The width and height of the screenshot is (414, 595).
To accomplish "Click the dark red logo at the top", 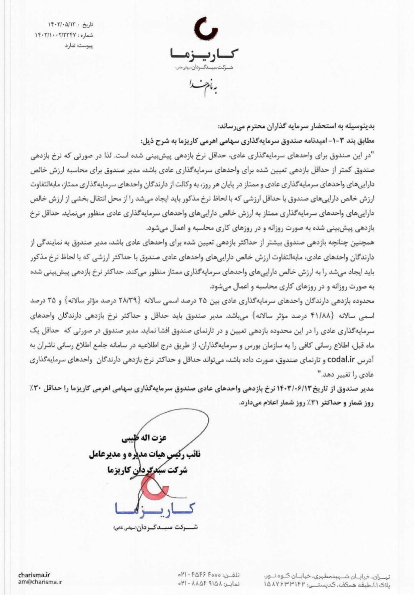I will [x=206, y=29].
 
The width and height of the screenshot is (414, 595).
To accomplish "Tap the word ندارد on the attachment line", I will [x=71, y=46].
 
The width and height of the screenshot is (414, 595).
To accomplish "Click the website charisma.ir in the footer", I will [x=34, y=575].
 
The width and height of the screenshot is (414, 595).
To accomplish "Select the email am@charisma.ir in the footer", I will [x=40, y=582].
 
